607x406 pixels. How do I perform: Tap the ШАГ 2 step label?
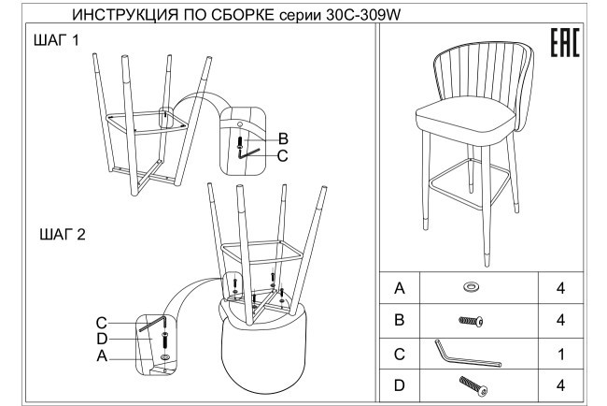(63, 235)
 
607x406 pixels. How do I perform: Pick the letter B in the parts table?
(401, 321)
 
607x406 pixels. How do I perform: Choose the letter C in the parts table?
(401, 355)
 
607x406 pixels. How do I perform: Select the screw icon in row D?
(473, 384)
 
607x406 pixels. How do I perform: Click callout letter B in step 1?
(284, 138)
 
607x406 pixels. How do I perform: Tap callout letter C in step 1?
(284, 155)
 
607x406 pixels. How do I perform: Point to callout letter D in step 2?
(103, 338)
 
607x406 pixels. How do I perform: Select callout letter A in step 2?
(103, 355)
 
